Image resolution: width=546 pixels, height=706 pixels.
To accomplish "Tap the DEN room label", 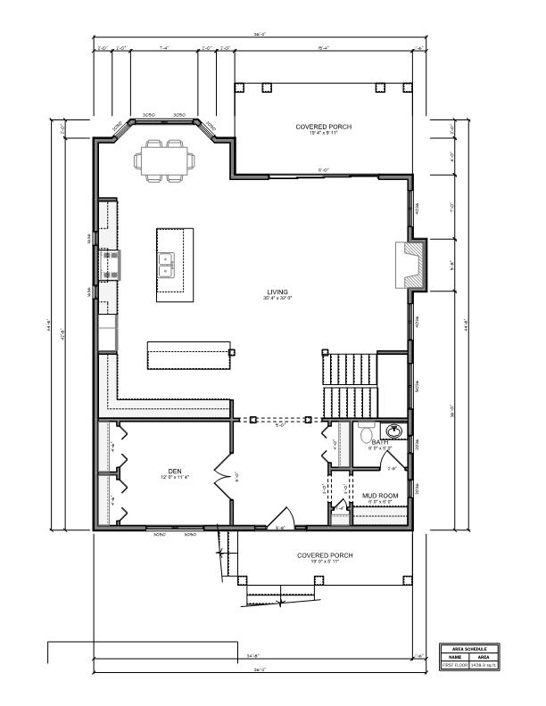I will click(175, 472).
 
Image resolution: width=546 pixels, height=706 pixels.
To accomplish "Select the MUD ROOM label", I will click(379, 496).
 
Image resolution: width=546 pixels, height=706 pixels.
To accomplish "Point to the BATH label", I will click(380, 442).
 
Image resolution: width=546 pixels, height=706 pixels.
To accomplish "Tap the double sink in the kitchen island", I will click(166, 264).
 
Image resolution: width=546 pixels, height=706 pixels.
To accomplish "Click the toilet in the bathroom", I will click(366, 433).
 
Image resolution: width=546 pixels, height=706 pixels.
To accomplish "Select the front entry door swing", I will click(285, 518).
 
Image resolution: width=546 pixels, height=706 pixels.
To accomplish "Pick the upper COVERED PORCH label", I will click(323, 127).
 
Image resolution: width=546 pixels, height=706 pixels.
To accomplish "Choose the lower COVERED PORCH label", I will click(325, 555).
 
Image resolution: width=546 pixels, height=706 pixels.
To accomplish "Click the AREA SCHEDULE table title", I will click(467, 648).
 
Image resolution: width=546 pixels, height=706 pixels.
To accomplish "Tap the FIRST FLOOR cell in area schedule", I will click(454, 665).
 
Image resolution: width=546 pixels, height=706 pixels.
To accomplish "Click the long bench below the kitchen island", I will click(189, 355).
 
